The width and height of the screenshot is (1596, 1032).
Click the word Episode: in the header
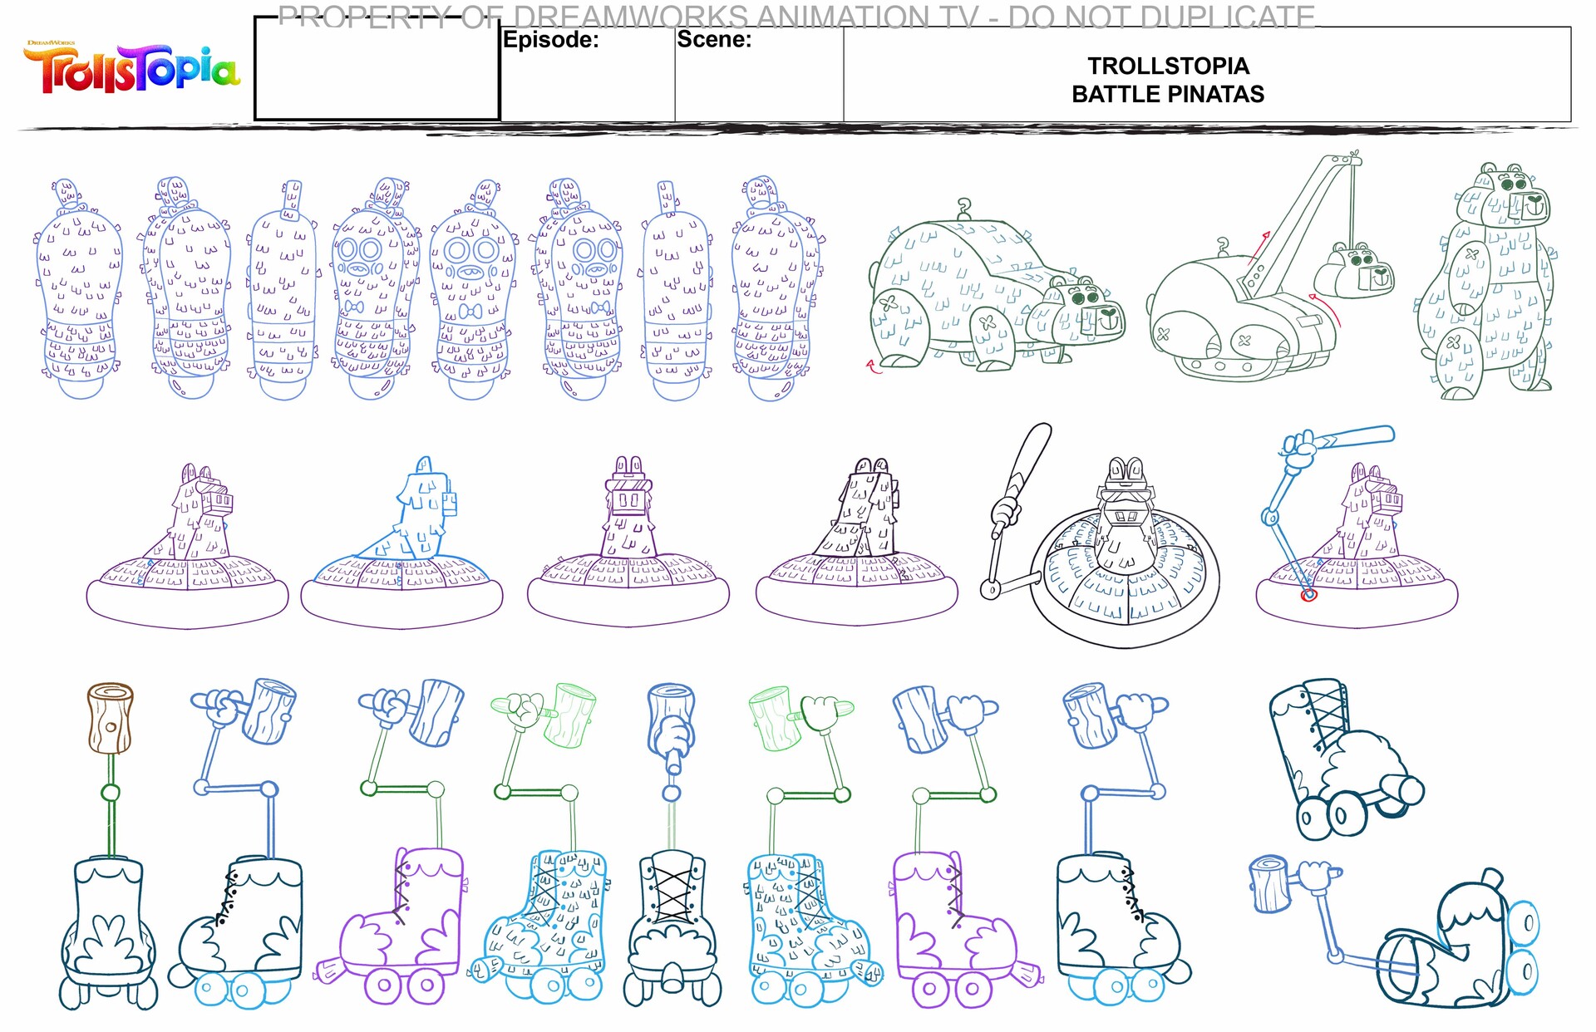pyautogui.click(x=550, y=40)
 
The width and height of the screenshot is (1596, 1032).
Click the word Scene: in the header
pyautogui.click(x=713, y=39)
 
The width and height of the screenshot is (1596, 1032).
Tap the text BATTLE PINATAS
pyautogui.click(x=1167, y=94)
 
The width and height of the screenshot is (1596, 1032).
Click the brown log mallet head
pyautogui.click(x=110, y=717)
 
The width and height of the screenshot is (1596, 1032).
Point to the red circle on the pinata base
pyautogui.click(x=1308, y=594)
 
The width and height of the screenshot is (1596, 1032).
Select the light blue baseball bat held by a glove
pyautogui.click(x=1355, y=436)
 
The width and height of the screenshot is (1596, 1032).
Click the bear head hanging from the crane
pyautogui.click(x=1360, y=270)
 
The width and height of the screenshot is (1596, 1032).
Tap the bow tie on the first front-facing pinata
pyautogui.click(x=355, y=307)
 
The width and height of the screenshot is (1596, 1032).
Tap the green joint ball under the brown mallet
pyautogui.click(x=110, y=793)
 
